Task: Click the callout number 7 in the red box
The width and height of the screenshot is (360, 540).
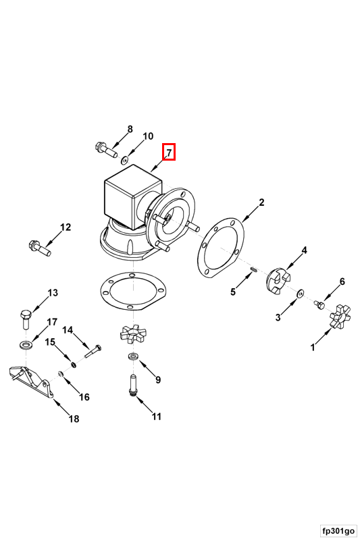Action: click(x=169, y=152)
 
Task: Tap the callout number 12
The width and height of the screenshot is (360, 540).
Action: click(x=66, y=227)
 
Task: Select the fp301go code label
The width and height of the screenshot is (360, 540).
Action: click(x=338, y=531)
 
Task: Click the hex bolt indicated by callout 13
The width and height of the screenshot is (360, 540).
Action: click(x=26, y=319)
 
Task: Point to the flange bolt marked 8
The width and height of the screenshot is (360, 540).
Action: click(x=105, y=149)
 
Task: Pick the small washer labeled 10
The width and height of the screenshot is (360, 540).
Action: click(x=125, y=160)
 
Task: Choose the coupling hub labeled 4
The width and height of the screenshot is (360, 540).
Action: click(x=278, y=280)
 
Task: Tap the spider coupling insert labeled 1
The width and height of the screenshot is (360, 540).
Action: click(x=340, y=315)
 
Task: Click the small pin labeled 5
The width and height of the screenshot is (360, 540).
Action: click(x=253, y=269)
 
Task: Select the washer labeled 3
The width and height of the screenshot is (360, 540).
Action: click(x=299, y=294)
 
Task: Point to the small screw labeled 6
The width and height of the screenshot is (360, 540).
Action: click(x=319, y=304)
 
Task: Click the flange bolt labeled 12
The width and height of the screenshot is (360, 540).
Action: click(x=40, y=248)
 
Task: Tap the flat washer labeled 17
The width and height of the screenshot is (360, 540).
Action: click(x=25, y=344)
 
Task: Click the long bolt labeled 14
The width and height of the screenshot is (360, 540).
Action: click(x=93, y=351)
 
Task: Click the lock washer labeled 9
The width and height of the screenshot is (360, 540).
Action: click(x=132, y=356)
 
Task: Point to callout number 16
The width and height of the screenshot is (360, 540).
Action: click(x=84, y=397)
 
